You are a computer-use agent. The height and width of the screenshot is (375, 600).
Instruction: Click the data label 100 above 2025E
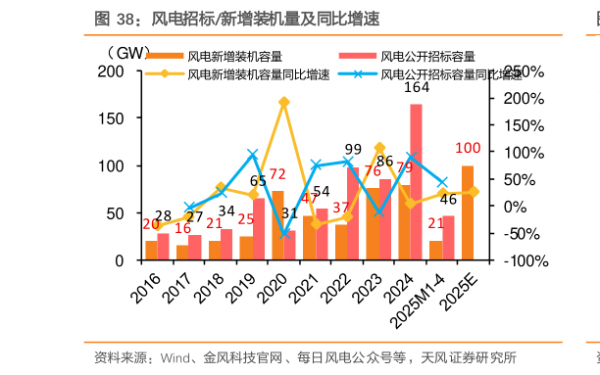pos(468,149)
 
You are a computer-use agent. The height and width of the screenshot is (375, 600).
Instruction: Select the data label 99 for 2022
pos(353,149)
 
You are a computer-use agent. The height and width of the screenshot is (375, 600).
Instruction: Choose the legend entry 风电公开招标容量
pos(427,56)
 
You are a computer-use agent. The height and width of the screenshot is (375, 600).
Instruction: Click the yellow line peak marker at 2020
pos(284,102)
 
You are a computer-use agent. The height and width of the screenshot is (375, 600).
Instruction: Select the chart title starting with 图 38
pos(236,19)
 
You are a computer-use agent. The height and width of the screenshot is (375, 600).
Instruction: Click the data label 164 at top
pos(417,88)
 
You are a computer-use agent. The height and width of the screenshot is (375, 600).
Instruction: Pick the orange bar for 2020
pos(277,226)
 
